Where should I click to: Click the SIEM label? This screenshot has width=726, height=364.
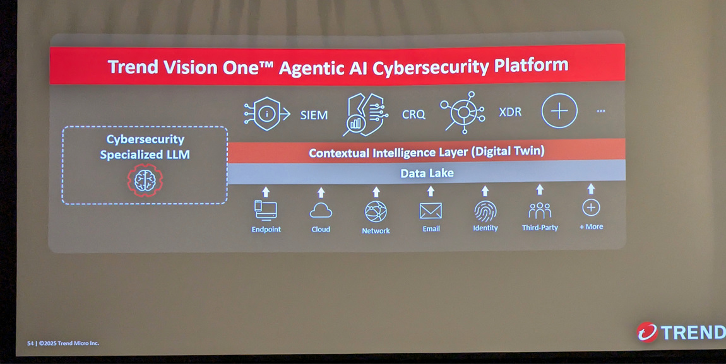click(314, 115)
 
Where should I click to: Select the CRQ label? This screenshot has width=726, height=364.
click(414, 114)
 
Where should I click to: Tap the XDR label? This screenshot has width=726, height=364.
click(510, 112)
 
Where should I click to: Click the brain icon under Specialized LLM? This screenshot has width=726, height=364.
click(145, 180)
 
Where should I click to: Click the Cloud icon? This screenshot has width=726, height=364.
click(321, 211)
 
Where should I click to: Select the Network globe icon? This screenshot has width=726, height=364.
click(376, 212)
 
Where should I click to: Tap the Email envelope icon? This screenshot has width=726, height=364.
click(431, 211)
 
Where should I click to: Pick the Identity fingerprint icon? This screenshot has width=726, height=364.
click(485, 211)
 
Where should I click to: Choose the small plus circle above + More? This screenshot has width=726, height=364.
click(591, 208)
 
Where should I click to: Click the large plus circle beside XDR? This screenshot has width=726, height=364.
click(559, 111)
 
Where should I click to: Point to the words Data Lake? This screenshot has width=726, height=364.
click(427, 173)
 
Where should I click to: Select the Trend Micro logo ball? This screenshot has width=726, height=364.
click(646, 332)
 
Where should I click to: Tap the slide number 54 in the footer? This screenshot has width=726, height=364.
click(30, 343)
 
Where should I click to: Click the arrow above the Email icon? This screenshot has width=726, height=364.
click(431, 191)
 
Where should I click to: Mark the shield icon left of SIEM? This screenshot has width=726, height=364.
click(267, 114)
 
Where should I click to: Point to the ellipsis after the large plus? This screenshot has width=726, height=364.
click(601, 111)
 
